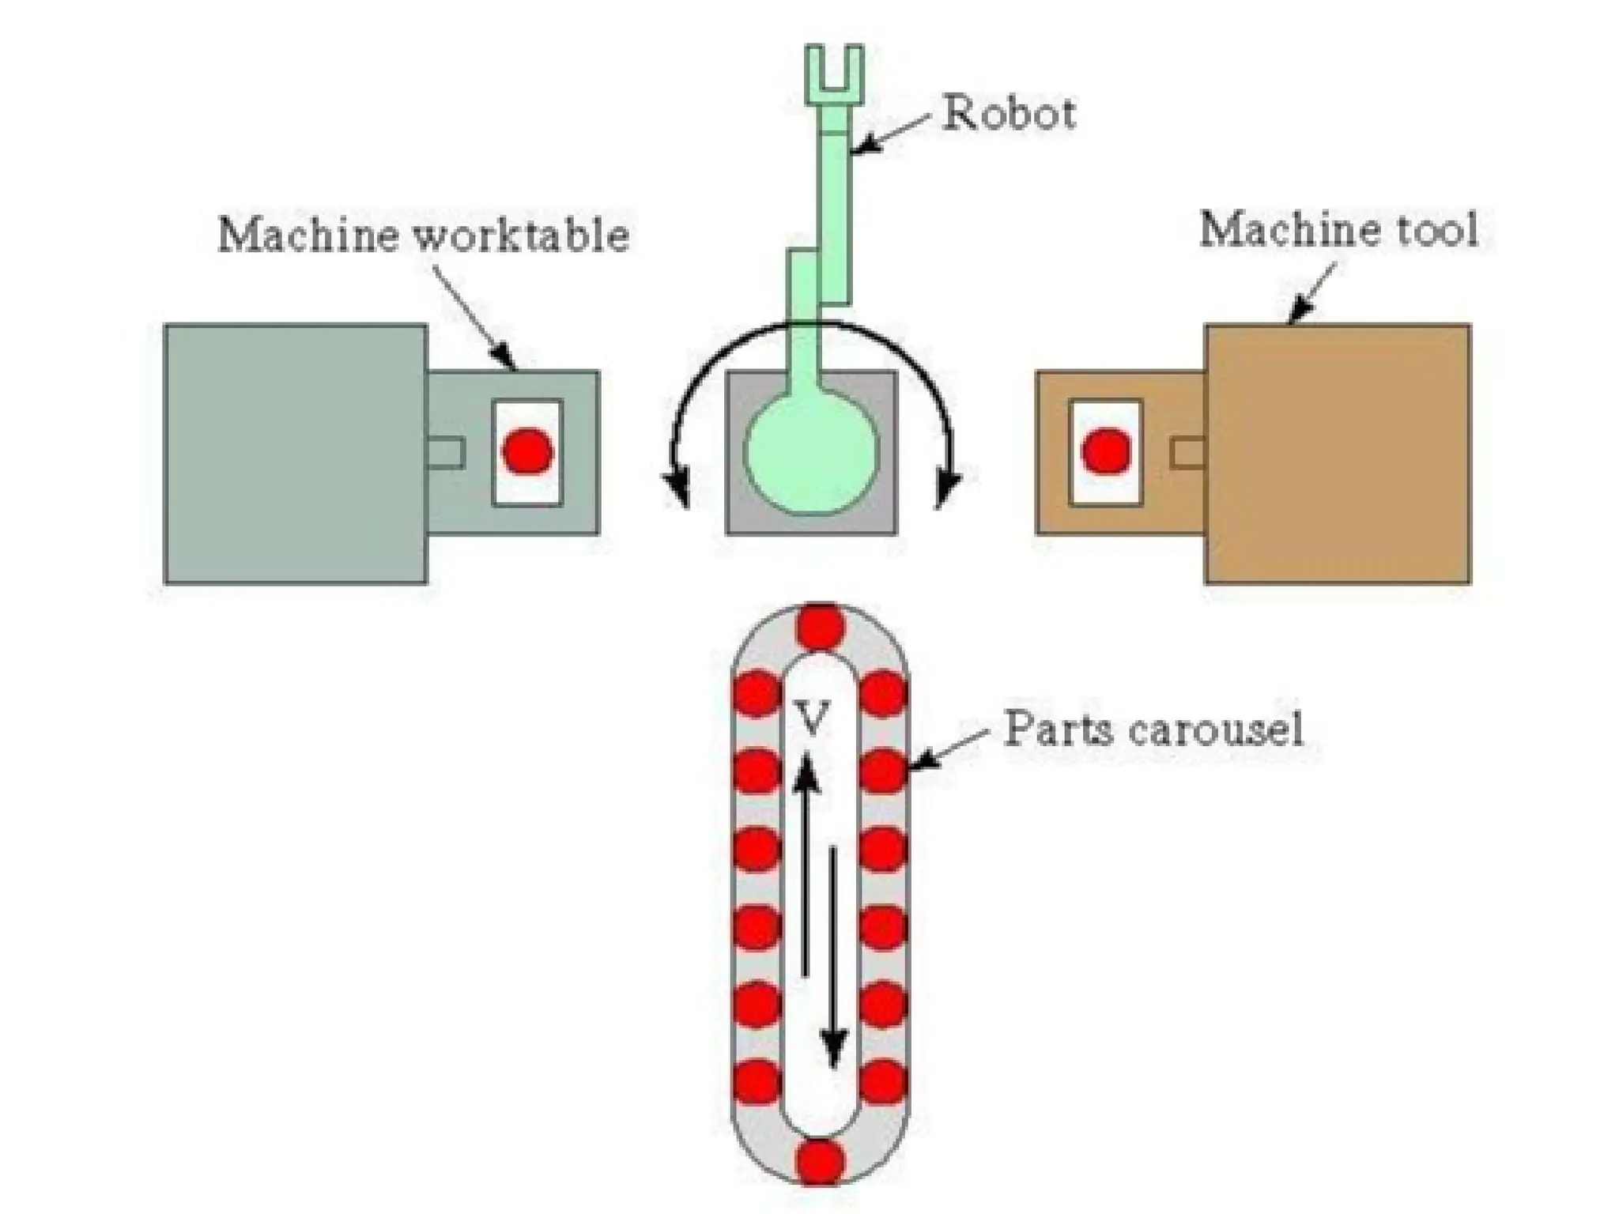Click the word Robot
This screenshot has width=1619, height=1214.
click(1010, 113)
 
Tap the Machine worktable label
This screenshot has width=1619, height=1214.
click(424, 235)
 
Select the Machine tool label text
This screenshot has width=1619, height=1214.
click(1338, 230)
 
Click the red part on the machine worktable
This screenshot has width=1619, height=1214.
click(527, 451)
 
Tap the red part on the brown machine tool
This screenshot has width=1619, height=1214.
click(1106, 451)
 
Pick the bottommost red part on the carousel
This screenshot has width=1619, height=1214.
click(820, 1162)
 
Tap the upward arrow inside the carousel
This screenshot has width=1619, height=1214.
click(806, 861)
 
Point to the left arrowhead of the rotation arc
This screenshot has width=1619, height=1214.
click(677, 488)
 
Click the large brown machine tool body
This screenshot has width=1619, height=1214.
click(1338, 454)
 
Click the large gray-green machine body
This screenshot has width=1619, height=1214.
click(296, 454)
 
